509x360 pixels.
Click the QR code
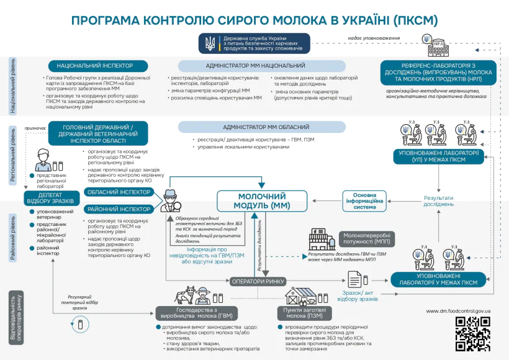pos(474,333)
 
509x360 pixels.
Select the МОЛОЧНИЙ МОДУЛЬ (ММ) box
pos(262,200)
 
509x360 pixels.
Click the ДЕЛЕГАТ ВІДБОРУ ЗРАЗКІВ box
pos(51,197)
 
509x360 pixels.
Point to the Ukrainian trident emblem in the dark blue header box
pos(210,43)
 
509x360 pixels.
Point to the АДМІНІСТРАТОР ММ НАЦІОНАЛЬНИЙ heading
pos(255,65)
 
